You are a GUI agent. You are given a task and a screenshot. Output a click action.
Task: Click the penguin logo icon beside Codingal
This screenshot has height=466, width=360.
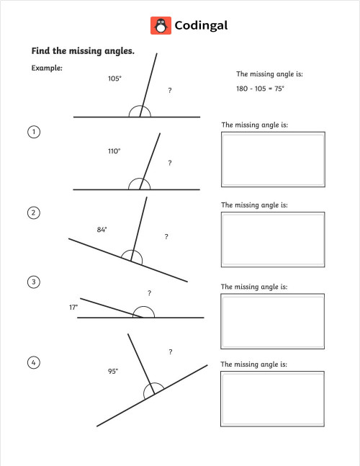pyautogui.click(x=161, y=25)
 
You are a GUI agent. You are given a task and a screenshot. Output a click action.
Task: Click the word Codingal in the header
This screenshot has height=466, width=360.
pyautogui.click(x=201, y=25)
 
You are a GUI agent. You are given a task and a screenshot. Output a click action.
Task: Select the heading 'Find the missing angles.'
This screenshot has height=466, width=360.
pyautogui.click(x=83, y=51)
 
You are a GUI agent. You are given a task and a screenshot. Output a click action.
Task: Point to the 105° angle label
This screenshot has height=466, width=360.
pyautogui.click(x=114, y=79)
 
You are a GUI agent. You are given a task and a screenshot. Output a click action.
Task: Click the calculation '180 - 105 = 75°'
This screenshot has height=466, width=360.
pyautogui.click(x=260, y=89)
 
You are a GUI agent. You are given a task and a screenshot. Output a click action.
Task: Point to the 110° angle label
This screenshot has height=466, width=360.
pyautogui.click(x=114, y=151)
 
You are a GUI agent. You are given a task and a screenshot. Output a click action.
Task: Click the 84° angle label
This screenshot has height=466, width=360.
pyautogui.click(x=102, y=230)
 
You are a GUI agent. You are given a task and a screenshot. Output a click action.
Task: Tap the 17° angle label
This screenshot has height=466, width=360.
pyautogui.click(x=73, y=307)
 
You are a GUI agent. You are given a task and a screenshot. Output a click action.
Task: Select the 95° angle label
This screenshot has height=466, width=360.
pyautogui.click(x=113, y=371)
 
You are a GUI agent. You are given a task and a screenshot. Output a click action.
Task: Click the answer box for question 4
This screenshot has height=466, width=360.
pyautogui.click(x=272, y=398)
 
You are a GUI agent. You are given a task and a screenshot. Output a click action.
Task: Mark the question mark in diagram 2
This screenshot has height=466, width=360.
pyautogui.click(x=166, y=236)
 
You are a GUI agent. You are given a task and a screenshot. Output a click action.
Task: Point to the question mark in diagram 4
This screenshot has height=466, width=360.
pyautogui.click(x=170, y=352)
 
